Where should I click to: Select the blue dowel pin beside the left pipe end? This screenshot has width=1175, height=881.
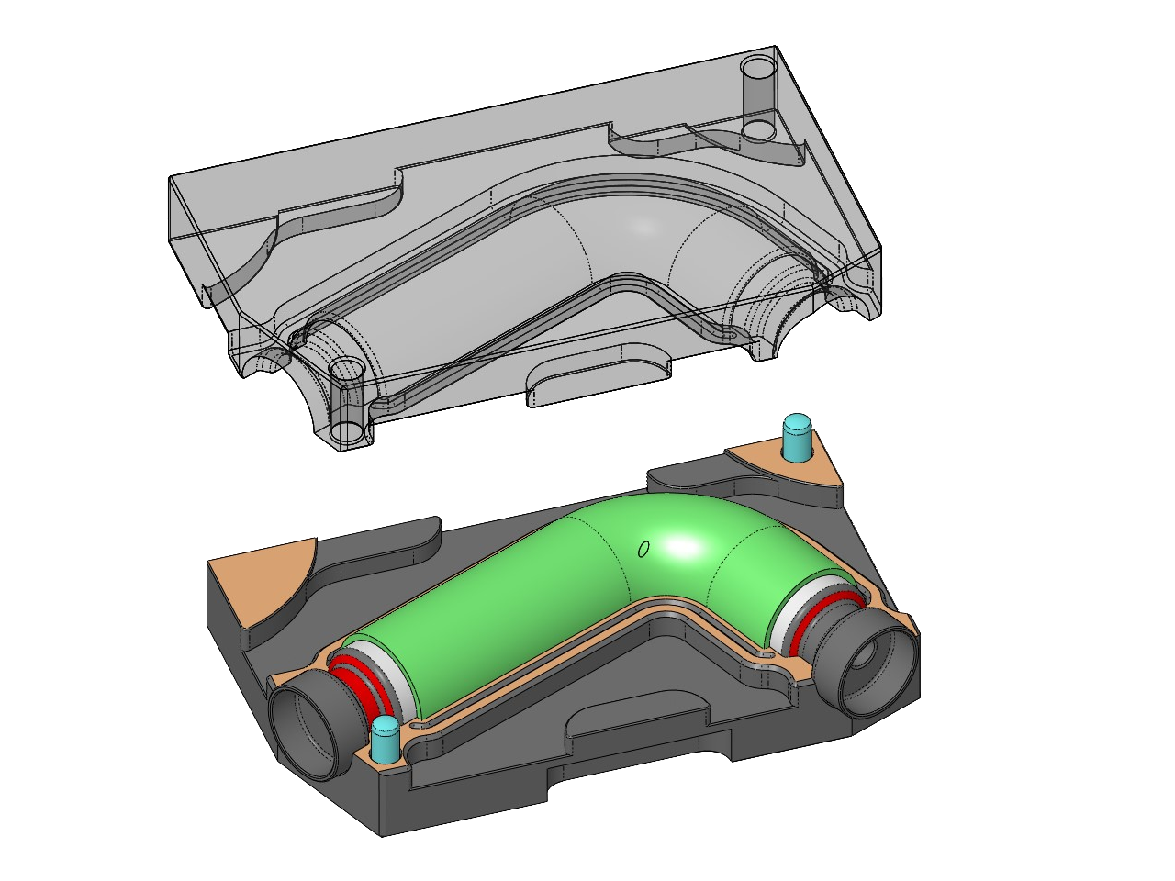click(x=384, y=740)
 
